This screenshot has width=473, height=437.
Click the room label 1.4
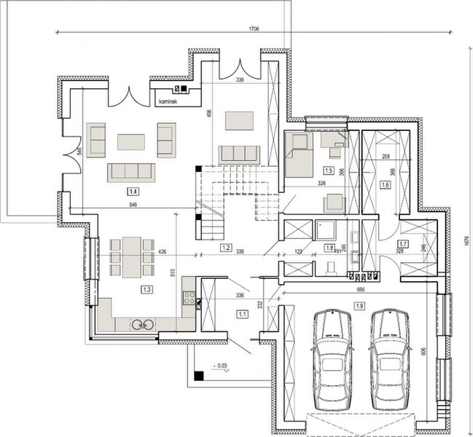point(133,192)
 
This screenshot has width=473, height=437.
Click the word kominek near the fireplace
point(168,101)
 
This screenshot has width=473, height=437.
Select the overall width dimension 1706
point(254,27)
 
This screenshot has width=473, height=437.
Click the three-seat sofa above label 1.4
point(131,172)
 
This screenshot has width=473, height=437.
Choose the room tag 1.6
point(386,186)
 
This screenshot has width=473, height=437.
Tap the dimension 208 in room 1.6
point(386,157)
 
